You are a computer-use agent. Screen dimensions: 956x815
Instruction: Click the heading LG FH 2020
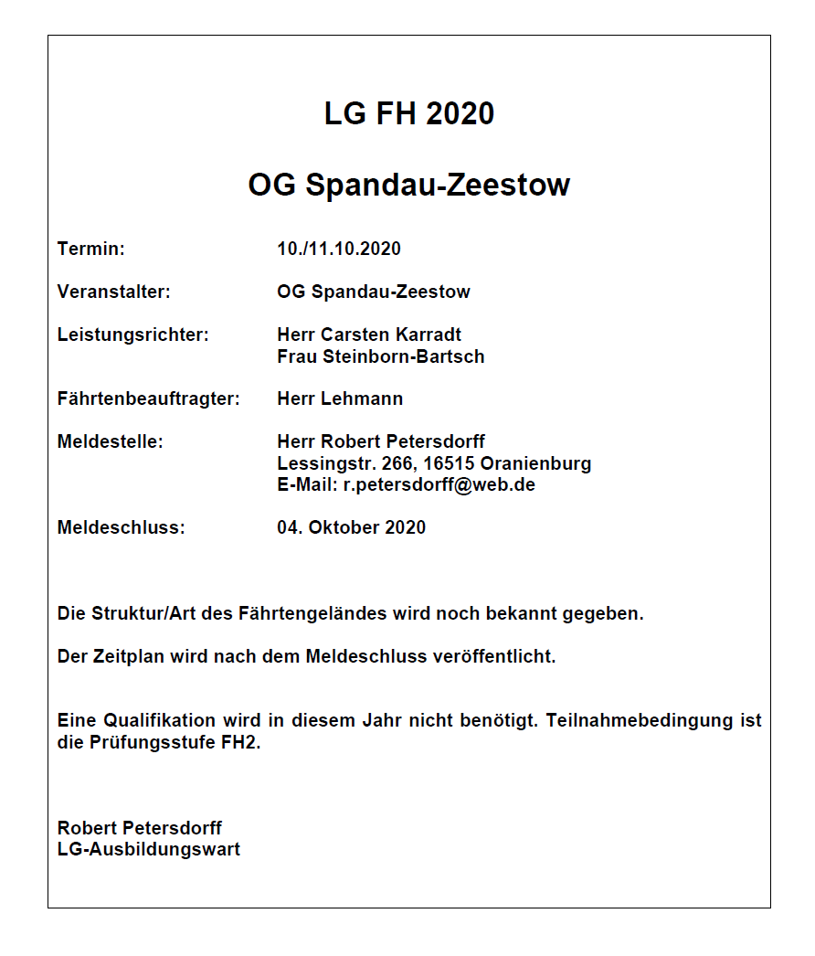point(408,114)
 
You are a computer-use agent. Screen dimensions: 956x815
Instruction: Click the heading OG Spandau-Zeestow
point(408,186)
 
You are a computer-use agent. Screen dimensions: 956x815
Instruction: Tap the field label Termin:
point(90,249)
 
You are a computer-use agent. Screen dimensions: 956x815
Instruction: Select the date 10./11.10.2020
point(339,249)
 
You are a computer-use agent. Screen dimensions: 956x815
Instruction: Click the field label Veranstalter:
point(113,292)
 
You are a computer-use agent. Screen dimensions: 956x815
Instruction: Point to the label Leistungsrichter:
point(133,335)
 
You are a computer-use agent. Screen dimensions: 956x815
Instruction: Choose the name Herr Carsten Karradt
point(369,335)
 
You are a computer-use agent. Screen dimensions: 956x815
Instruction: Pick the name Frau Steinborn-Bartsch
point(380,356)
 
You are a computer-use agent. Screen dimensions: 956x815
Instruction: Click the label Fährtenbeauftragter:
point(148,399)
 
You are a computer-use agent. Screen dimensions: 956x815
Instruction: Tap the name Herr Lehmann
point(340,399)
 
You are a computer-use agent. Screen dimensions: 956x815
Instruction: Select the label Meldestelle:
point(110,442)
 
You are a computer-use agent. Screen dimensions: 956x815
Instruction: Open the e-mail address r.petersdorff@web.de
point(439,484)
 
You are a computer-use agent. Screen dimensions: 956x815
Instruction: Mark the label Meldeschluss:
point(121,528)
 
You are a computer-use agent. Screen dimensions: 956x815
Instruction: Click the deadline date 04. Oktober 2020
point(351,528)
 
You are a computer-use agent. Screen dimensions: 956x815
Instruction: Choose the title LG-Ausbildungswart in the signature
point(149,849)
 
